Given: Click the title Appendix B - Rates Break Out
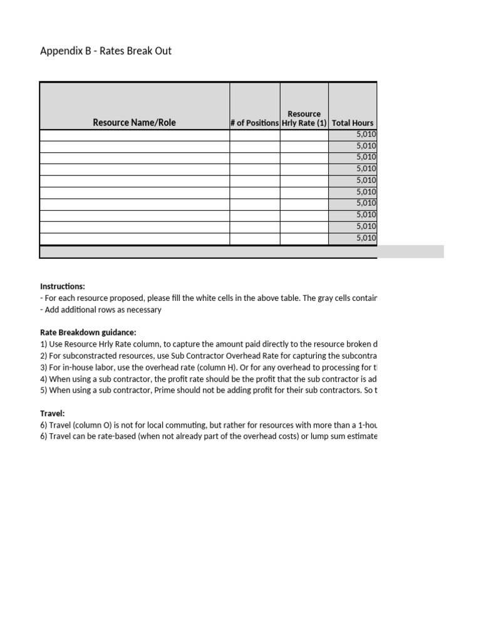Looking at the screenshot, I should pyautogui.click(x=105, y=51).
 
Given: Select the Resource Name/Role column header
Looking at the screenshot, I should pyautogui.click(x=134, y=123).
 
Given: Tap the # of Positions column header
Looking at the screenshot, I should pyautogui.click(x=254, y=123).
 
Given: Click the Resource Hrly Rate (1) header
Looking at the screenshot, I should pyautogui.click(x=304, y=118).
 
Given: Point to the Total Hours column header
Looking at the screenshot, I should pyautogui.click(x=352, y=123).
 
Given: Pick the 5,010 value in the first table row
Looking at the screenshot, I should pyautogui.click(x=366, y=134).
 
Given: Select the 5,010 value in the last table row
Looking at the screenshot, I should pyautogui.click(x=366, y=238).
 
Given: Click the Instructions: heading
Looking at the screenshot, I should pyautogui.click(x=62, y=287).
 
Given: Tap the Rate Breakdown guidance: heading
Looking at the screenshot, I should pyautogui.click(x=88, y=333).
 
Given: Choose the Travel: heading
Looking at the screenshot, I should pyautogui.click(x=52, y=414).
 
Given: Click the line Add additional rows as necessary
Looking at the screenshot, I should pyautogui.click(x=102, y=310).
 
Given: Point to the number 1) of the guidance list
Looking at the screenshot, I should pyautogui.click(x=43, y=344).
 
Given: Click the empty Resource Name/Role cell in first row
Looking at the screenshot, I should pyautogui.click(x=134, y=134).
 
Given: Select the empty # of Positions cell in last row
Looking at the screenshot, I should pyautogui.click(x=254, y=238).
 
